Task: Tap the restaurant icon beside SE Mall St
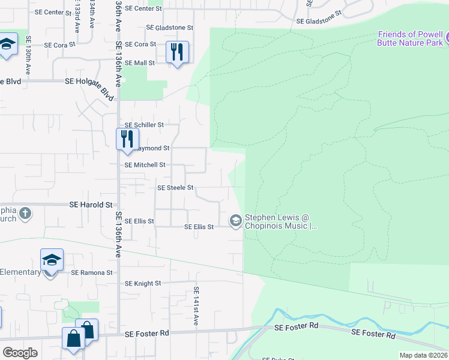176,52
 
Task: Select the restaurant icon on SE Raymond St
127,139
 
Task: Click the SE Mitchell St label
145,165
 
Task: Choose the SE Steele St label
175,188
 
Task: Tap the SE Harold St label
91,205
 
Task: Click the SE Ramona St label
92,272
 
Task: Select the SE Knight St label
143,283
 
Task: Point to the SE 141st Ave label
196,306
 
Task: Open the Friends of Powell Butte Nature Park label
411,38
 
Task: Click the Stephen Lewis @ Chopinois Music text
280,222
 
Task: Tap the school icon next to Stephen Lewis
235,221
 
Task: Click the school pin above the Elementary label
52,261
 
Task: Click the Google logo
20,353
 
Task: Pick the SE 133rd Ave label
77,22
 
